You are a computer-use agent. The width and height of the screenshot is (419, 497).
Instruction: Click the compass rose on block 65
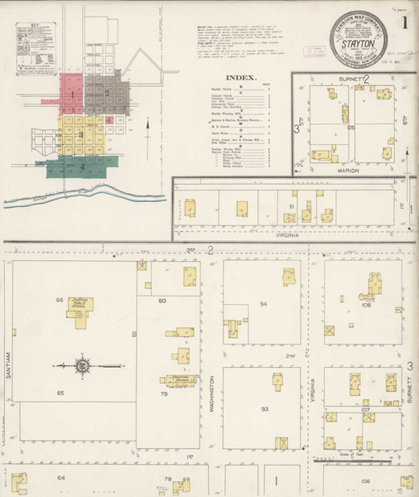tap(83, 364)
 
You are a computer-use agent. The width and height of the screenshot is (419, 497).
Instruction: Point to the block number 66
tap(60, 299)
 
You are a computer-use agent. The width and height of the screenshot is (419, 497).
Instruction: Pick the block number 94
tap(264, 304)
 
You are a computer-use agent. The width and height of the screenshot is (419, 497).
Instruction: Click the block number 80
tap(163, 301)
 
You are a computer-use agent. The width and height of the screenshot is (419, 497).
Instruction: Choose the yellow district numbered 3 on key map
tap(80, 133)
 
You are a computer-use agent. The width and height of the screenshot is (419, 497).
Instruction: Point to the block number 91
tap(291, 205)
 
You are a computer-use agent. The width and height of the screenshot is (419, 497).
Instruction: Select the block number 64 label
tap(60, 478)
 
